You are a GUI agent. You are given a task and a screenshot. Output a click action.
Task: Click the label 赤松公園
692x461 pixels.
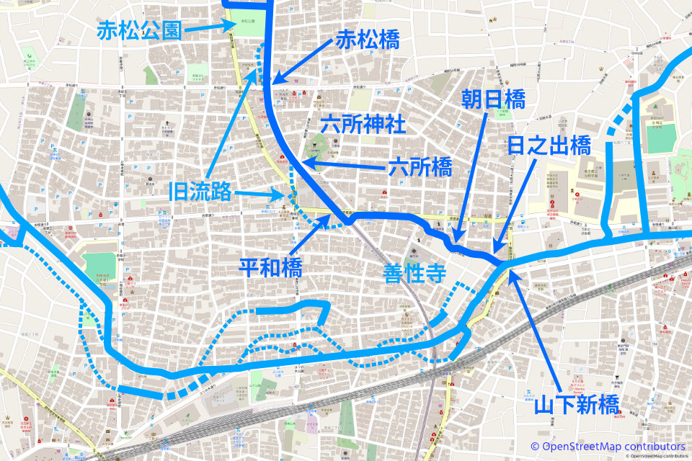coord(138,30)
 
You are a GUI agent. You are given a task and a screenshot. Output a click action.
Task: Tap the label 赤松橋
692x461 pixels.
coord(367,42)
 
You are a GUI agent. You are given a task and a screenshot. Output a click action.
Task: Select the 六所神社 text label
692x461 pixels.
coord(363,124)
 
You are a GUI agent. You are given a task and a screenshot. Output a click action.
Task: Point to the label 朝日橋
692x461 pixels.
coord(494,99)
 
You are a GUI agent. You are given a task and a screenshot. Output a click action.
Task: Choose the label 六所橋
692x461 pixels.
coord(420,169)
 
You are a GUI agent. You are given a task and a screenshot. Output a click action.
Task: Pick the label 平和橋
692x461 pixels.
coord(270,268)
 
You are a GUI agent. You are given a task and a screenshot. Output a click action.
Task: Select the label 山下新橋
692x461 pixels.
coord(576,404)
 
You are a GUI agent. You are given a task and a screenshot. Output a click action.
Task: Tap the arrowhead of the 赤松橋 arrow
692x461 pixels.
coord(275,81)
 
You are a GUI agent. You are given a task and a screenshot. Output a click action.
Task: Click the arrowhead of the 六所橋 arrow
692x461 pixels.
coord(303,165)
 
